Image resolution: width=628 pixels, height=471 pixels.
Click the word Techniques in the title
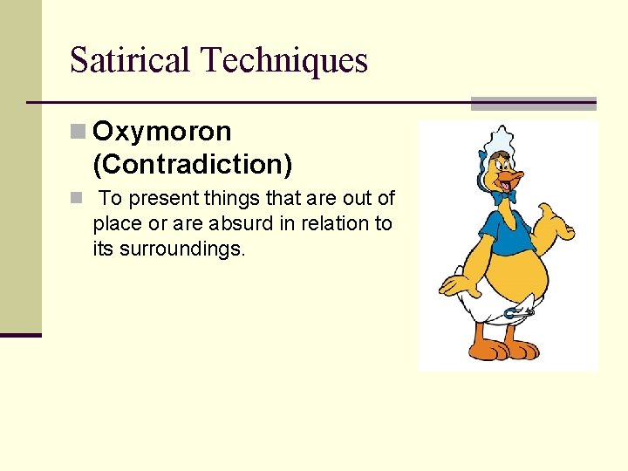point(285,61)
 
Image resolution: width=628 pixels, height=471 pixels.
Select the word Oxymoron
point(162,132)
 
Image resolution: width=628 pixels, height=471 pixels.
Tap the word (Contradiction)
point(193,163)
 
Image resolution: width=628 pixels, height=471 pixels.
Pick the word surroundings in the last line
point(181,249)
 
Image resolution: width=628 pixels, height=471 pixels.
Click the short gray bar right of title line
point(533,103)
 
